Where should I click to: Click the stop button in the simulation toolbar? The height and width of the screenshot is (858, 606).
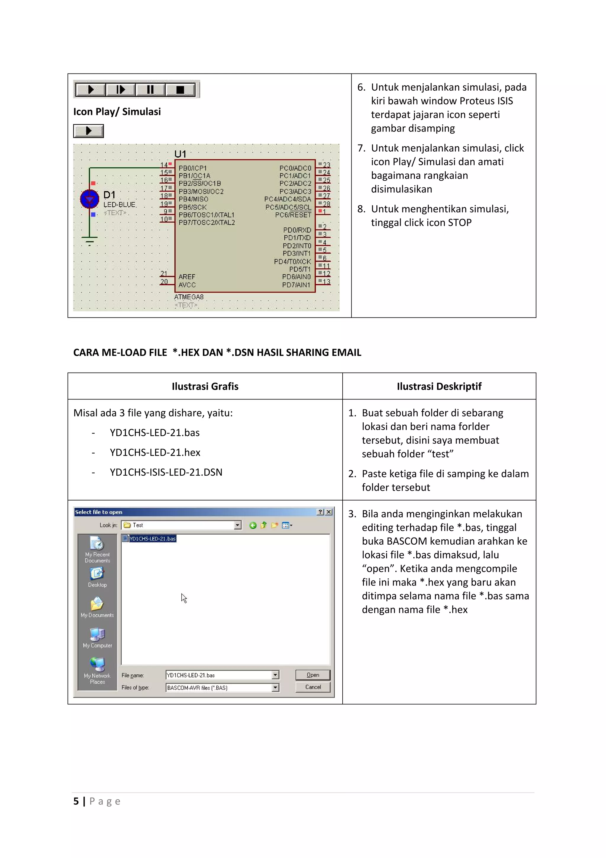[180, 90]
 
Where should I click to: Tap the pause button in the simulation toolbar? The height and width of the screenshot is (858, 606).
[150, 90]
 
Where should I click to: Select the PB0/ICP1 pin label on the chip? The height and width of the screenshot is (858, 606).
[192, 168]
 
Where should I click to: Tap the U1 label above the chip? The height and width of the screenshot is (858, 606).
[180, 154]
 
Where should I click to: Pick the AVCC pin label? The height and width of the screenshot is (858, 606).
[187, 285]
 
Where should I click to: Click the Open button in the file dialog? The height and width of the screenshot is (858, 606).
[312, 675]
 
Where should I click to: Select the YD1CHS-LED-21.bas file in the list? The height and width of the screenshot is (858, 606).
[152, 538]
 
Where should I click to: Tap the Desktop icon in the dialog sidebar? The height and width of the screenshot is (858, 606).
[97, 577]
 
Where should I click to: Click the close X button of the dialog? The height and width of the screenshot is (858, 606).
[328, 512]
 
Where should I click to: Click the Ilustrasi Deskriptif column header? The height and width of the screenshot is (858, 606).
[439, 386]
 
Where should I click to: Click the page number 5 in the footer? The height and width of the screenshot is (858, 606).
[76, 801]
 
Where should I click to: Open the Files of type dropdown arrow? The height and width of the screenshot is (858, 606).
[275, 688]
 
